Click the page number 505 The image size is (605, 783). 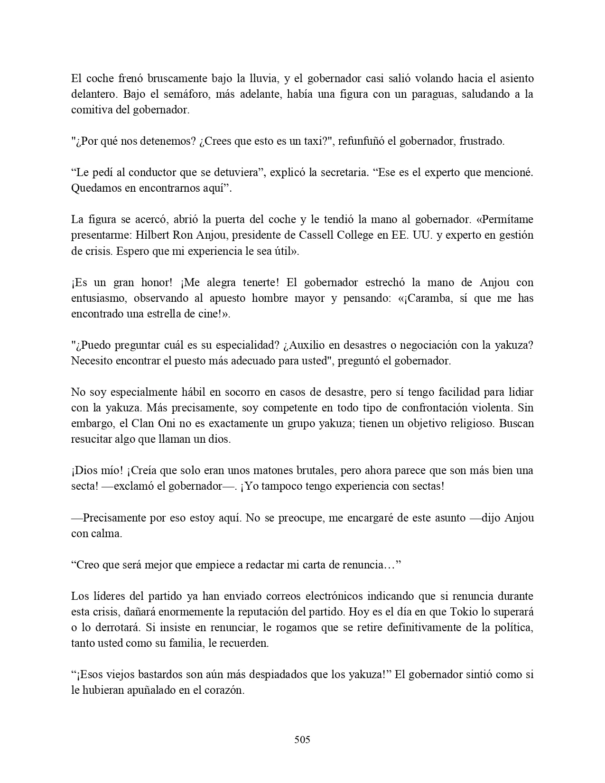coord(302,739)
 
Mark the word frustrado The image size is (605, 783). coord(482,141)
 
